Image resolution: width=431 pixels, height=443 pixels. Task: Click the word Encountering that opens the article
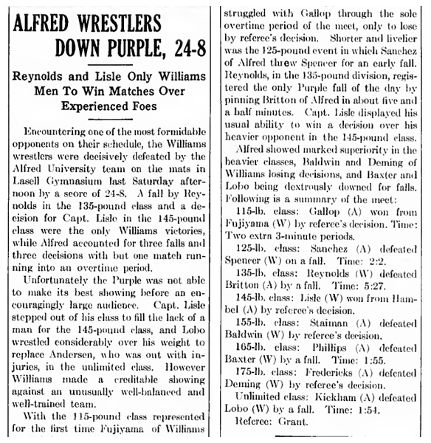tap(56, 130)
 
